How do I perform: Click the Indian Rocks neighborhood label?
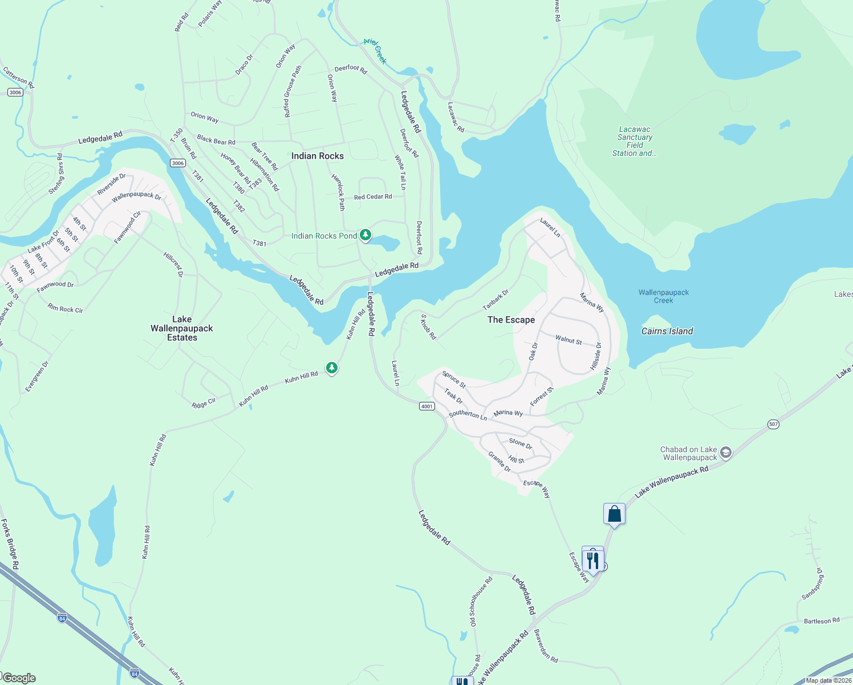tap(318, 156)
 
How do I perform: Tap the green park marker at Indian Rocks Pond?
tap(365, 235)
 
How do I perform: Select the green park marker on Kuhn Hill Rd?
tap(332, 368)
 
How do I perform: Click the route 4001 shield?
tap(426, 406)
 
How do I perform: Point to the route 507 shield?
tap(773, 424)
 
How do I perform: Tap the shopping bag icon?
tap(614, 514)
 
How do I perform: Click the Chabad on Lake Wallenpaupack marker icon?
tap(725, 453)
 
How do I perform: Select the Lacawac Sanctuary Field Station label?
tap(635, 141)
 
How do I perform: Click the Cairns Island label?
tap(667, 331)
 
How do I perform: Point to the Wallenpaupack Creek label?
tap(664, 296)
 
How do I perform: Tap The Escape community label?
tap(511, 320)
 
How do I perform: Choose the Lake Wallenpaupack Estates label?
tap(182, 328)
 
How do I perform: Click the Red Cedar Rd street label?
tap(373, 197)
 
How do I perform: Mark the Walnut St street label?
tap(568, 340)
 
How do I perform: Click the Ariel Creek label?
tap(375, 51)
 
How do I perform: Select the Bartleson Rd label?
tap(822, 620)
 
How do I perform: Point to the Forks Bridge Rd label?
tap(10, 544)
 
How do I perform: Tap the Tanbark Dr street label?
tap(495, 299)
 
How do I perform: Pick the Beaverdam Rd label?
tap(546, 646)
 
